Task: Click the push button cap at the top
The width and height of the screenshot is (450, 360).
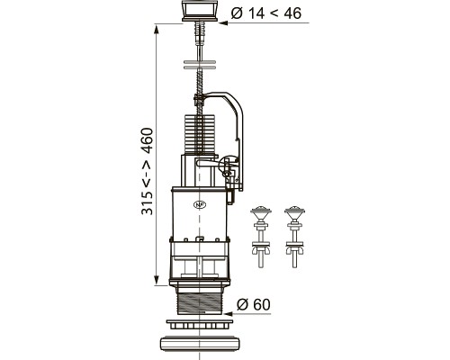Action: pos(199,11)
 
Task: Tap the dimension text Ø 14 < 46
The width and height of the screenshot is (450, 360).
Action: pos(265,13)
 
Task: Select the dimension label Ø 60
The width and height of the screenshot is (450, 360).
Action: pos(254,304)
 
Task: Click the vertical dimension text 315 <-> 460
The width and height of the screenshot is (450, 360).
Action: pos(148,171)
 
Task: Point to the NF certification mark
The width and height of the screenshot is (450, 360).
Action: pos(200,204)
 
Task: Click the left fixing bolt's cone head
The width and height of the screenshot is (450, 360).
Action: pos(261,213)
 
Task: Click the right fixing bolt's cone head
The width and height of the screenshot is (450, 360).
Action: pos(295,213)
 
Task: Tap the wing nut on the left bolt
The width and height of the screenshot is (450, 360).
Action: pos(261,249)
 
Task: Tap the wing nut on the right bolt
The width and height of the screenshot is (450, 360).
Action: pos(295,249)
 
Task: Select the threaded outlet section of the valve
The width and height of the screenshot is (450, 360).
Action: pos(200,302)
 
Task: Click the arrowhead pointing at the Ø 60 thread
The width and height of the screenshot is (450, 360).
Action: pos(228,314)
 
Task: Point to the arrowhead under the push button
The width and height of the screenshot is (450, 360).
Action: pos(223,22)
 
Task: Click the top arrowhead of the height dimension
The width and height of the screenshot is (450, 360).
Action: pos(156,31)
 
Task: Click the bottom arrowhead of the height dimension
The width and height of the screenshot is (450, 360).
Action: pos(156,280)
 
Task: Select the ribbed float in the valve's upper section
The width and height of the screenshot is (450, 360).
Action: pos(199,134)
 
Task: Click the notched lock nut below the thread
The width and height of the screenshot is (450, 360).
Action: pos(200,324)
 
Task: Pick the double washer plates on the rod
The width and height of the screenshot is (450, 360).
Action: pos(199,65)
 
